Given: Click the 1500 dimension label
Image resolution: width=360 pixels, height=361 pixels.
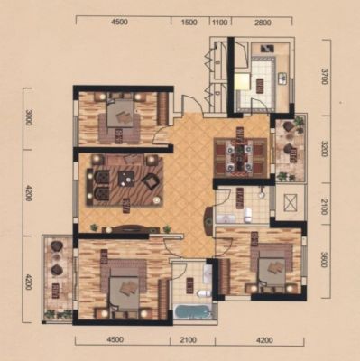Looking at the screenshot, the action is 189,23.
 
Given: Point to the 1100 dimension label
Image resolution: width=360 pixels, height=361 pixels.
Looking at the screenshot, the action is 219,23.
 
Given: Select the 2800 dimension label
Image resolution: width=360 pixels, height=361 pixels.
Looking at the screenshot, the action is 263,23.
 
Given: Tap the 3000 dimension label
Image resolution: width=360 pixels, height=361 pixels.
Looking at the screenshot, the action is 29,118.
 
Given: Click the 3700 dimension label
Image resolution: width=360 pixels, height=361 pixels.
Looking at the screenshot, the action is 324,77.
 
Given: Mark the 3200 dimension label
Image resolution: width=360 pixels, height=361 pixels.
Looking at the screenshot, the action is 324,148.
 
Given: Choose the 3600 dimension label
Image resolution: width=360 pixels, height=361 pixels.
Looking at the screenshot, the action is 324,259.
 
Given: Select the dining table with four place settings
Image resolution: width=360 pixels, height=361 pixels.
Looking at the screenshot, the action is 240,158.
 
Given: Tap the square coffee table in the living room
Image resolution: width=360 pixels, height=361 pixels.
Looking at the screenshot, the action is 126,179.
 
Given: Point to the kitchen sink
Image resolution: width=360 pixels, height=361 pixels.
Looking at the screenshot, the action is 283,79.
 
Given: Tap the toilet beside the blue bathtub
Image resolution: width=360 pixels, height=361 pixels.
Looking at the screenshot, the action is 203,293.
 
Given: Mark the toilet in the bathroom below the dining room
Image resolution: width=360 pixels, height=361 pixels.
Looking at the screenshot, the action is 248,215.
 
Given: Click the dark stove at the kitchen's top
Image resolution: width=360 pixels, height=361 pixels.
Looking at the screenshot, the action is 267,48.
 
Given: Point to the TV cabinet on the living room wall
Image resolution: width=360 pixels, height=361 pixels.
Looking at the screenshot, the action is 126,229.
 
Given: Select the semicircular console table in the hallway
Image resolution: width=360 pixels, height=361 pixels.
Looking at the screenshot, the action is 208,222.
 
